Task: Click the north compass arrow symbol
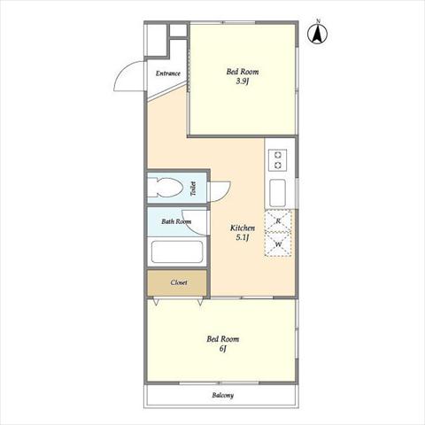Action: click(x=318, y=35)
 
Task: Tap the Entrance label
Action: click(x=168, y=73)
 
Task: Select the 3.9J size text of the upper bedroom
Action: click(x=242, y=81)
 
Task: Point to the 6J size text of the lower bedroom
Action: click(x=223, y=349)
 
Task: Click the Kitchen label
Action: click(x=243, y=228)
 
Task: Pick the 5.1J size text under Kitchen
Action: click(x=243, y=237)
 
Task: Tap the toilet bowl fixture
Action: click(x=166, y=188)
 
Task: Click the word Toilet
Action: click(x=193, y=189)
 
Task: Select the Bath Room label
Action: click(x=176, y=221)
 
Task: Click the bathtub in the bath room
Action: click(x=177, y=251)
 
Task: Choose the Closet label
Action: click(x=179, y=282)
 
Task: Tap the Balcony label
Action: click(x=223, y=395)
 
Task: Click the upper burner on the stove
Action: click(x=277, y=155)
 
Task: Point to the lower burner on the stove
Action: click(x=277, y=166)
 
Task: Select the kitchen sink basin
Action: click(x=277, y=193)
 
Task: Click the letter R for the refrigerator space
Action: click(x=278, y=220)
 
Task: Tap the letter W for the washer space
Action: click(x=278, y=244)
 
